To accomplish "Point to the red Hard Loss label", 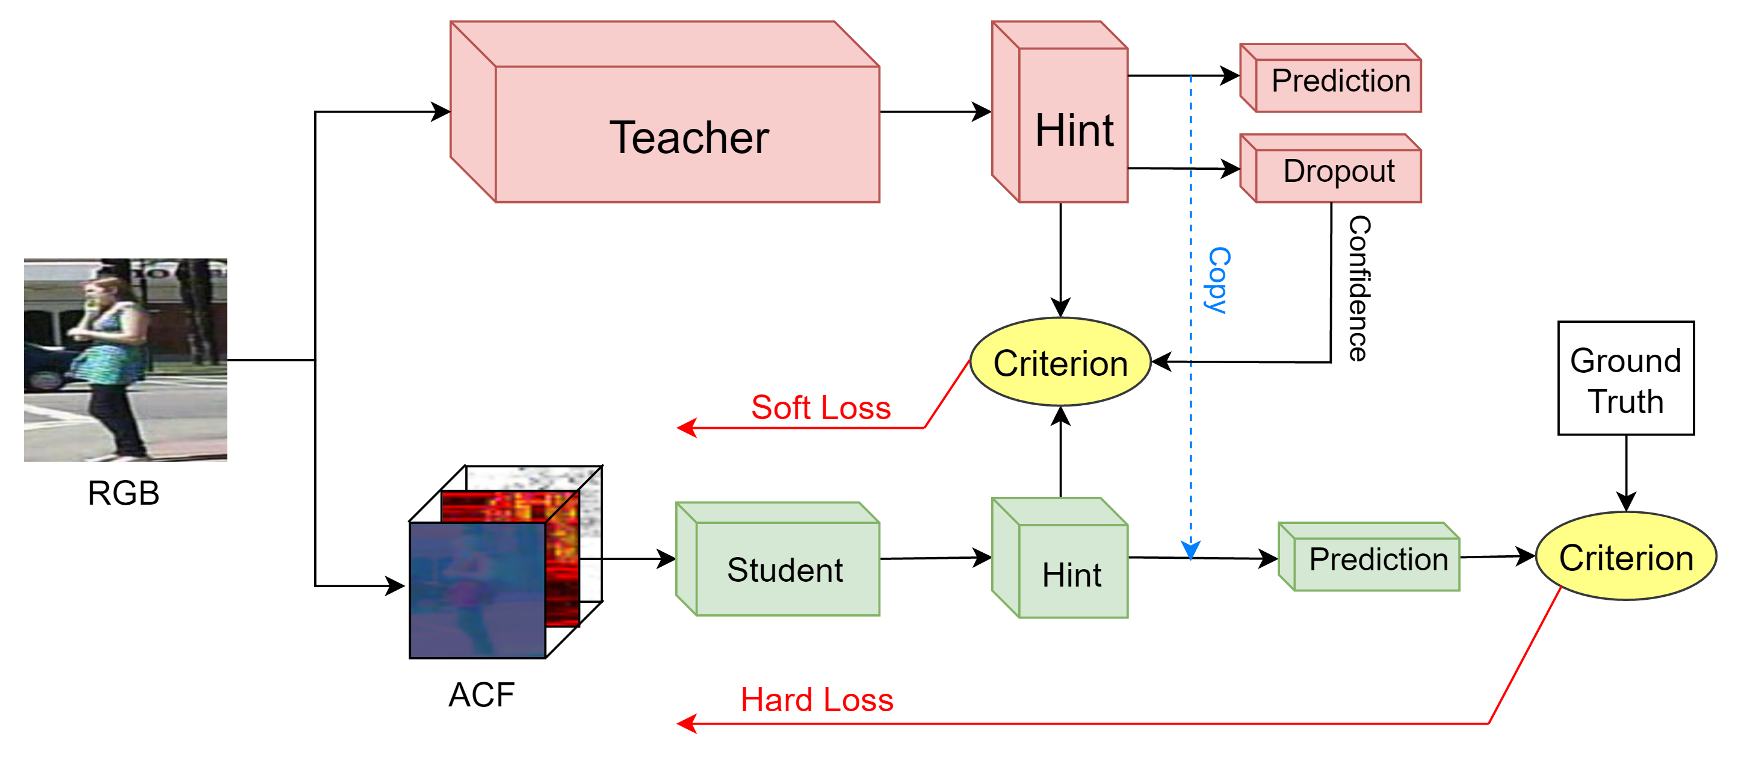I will coord(817,700).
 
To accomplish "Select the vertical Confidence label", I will coord(1358,288).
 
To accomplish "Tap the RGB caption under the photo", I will coord(123,493).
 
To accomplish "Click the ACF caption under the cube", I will coord(481,695).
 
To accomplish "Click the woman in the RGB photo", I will coord(108,360).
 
